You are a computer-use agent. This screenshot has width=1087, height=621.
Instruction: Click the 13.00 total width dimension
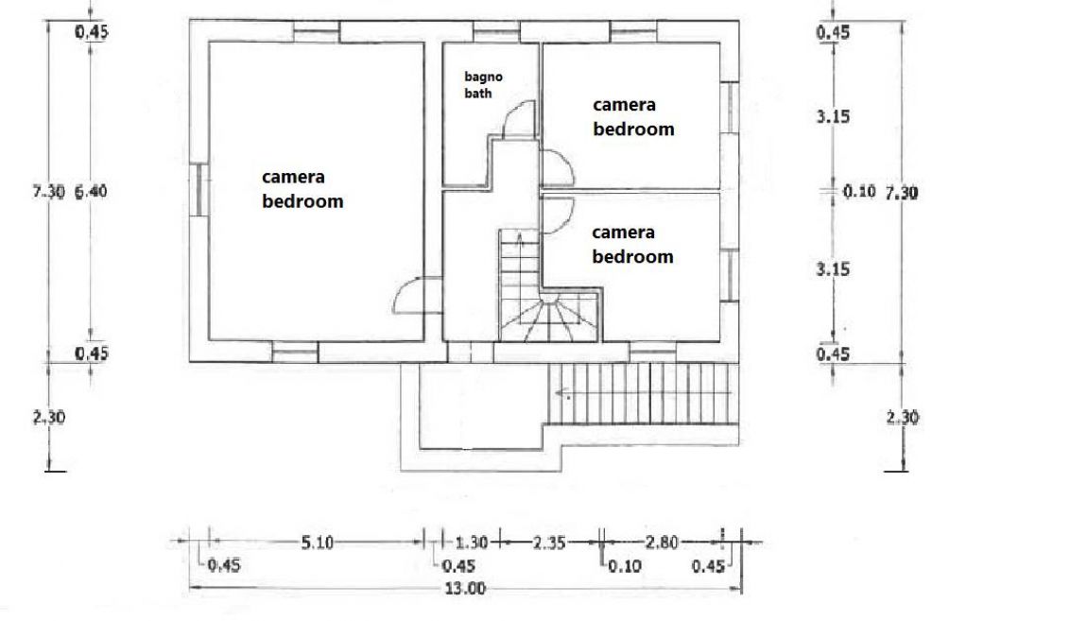pos(464,589)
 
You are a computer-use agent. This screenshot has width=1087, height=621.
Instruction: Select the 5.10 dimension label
pos(317,542)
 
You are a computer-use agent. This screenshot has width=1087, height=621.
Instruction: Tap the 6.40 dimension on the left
pos(91,191)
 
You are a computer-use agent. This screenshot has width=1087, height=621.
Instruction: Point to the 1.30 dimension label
pos(472,542)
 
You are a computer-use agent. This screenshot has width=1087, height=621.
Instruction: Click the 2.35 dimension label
pos(549,542)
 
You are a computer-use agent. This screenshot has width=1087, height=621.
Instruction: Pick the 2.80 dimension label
pos(662,542)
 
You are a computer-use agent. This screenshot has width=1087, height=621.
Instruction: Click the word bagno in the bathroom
pos(483,78)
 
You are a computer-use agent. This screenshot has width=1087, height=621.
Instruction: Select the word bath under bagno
pos(477,93)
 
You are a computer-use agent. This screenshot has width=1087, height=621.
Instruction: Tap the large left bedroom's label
pos(302,189)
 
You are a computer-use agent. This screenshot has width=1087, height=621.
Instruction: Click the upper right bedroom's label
pos(633,117)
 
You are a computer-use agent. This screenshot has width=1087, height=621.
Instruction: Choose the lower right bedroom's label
pos(632,245)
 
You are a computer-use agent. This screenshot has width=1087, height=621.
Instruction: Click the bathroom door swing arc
pos(514,112)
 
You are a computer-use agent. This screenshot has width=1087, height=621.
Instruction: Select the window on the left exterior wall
pos(198,190)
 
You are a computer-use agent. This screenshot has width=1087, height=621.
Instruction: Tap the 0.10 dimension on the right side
pos(859,191)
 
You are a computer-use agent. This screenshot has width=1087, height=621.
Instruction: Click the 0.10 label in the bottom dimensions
pos(625,566)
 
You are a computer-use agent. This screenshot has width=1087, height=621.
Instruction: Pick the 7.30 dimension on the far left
pos(48,191)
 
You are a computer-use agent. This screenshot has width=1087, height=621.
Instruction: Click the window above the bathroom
pos(496,32)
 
